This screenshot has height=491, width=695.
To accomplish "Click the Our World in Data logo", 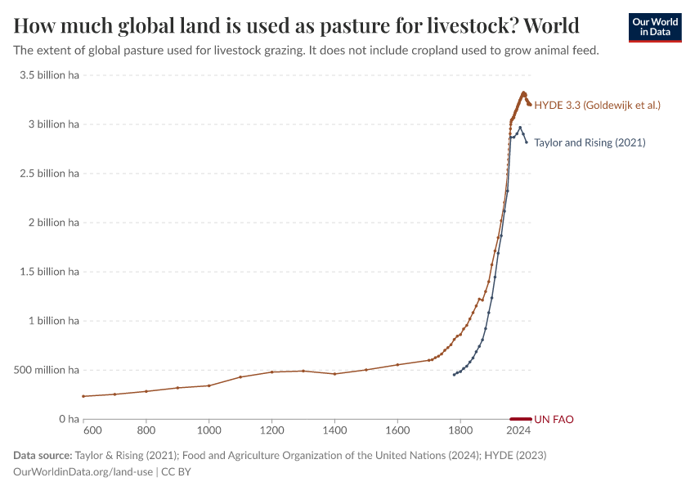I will (x=654, y=27).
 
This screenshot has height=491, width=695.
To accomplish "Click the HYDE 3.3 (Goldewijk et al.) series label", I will (x=597, y=106).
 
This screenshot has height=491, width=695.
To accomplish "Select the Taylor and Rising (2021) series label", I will (x=590, y=142).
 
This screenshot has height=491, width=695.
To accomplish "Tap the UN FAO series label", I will (x=554, y=419).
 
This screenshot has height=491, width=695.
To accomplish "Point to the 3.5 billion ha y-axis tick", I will (x=49, y=75).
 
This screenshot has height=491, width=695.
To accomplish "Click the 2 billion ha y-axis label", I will (x=53, y=223).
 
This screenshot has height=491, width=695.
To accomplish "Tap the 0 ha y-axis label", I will (x=67, y=419).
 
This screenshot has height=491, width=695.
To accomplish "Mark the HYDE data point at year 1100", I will (x=240, y=377).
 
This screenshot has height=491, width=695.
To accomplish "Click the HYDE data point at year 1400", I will (x=334, y=374).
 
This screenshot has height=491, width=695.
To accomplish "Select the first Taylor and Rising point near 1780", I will (x=454, y=375).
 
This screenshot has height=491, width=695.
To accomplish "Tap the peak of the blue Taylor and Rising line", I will (x=520, y=127).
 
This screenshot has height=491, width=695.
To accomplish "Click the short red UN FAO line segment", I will (x=521, y=418).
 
